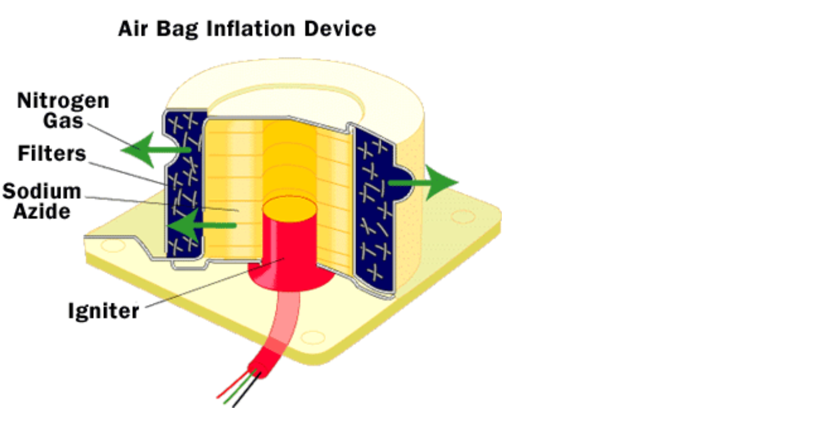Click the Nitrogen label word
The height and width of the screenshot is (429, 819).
(x=63, y=101)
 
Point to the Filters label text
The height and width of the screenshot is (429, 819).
(x=51, y=153)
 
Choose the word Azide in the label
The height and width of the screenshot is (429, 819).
(x=42, y=211)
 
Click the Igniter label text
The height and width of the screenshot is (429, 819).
(x=103, y=311)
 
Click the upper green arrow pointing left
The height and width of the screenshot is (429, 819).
(x=150, y=149)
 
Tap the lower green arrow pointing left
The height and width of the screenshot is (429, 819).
(x=197, y=226)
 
